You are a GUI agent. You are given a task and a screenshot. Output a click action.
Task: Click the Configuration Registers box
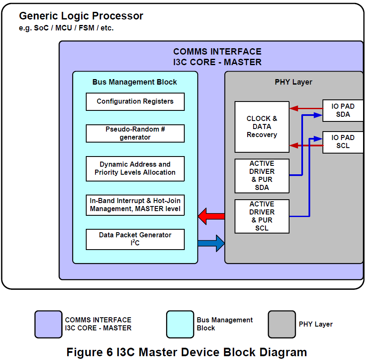(135, 102)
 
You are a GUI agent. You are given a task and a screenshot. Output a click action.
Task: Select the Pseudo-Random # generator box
(135, 133)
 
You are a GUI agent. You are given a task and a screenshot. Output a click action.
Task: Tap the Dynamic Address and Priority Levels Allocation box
(135, 169)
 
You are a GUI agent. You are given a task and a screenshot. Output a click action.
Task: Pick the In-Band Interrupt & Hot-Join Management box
(135, 205)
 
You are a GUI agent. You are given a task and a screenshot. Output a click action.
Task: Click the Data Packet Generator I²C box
(135, 239)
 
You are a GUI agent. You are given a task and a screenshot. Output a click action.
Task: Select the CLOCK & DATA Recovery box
(262, 127)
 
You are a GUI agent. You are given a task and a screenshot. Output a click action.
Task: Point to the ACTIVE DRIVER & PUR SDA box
(262, 176)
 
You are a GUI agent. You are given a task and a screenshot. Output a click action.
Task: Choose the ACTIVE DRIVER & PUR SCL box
(262, 216)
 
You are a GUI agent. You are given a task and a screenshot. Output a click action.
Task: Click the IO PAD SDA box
(343, 110)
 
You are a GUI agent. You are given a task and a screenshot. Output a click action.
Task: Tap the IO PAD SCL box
(343, 142)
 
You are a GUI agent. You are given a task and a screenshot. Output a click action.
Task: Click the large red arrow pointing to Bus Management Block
(211, 216)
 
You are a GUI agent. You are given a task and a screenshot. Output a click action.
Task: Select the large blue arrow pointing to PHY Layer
(211, 243)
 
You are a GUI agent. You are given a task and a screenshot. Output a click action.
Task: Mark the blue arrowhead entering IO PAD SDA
(318, 115)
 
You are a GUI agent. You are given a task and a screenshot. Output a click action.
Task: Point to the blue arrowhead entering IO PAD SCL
(318, 139)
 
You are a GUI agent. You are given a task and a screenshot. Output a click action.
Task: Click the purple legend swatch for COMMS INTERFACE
(48, 324)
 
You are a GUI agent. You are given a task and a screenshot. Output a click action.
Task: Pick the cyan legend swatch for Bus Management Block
(180, 324)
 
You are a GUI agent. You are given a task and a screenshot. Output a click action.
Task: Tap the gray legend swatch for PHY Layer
(282, 324)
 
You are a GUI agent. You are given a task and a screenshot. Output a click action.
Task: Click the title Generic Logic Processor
(81, 16)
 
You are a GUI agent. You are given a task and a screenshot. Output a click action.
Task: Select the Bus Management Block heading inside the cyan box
(135, 82)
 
